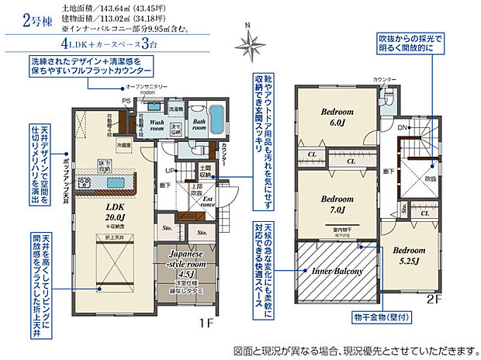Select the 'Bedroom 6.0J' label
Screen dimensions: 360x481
337,116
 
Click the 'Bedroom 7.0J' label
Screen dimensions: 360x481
337,202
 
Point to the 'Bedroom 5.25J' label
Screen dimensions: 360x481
408,255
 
